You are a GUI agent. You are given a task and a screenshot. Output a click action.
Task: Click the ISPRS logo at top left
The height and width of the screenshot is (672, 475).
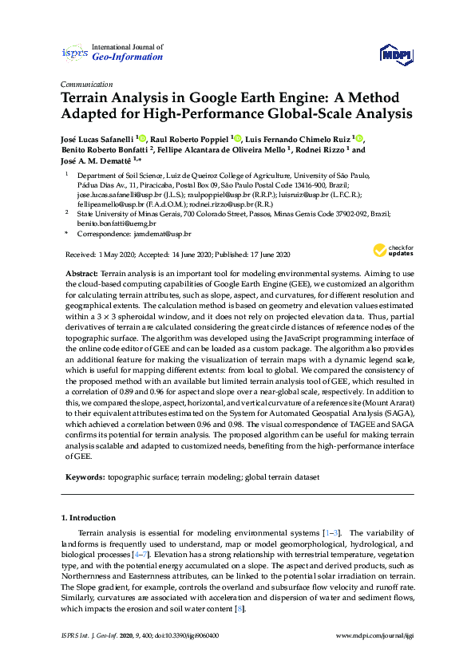point(74,53)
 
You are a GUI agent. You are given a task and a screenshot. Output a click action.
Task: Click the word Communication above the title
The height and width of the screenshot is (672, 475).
point(85,84)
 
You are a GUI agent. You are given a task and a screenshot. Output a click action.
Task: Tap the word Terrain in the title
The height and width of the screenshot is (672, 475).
point(89,98)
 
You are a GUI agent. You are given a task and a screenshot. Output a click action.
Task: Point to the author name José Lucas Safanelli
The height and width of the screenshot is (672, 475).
point(97,137)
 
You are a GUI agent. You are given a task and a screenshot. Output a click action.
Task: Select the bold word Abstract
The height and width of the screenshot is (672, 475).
point(82,274)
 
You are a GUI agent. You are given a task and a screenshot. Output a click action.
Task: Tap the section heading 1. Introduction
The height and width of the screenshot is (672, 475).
point(93,518)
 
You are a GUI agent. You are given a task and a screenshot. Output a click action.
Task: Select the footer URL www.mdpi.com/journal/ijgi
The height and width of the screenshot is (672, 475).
point(375,635)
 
